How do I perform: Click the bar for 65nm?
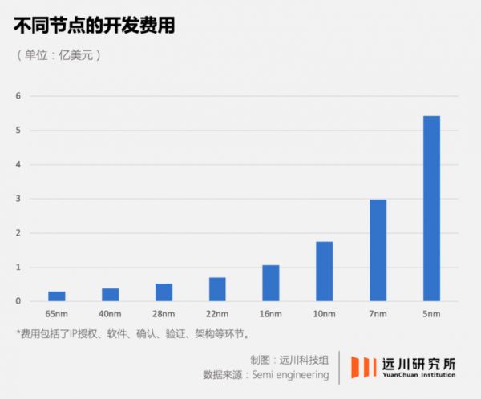[57, 296]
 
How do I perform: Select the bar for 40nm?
[111, 295]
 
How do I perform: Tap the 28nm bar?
[164, 292]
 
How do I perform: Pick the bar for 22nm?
[217, 289]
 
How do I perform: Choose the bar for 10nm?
[325, 272]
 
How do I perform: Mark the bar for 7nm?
[378, 250]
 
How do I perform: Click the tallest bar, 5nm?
[431, 208]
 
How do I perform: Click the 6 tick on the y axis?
[18, 96]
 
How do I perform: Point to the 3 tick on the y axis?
[18, 199]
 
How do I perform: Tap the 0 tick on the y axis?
[18, 301]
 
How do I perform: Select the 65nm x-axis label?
[57, 315]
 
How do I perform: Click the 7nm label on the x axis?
[378, 315]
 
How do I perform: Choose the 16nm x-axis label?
[271, 315]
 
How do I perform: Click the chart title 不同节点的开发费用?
[95, 26]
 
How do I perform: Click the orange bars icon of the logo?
[363, 367]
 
